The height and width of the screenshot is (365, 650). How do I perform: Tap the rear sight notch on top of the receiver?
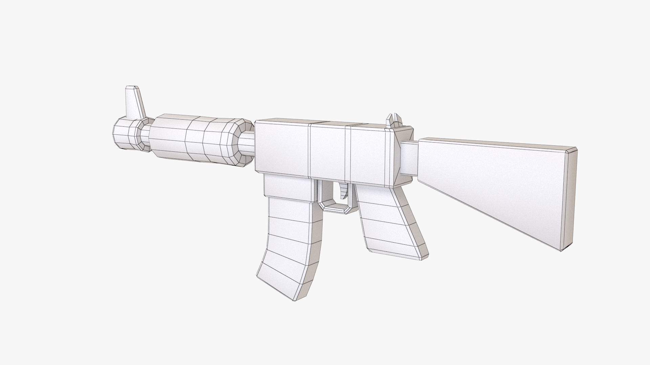point(394,121)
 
